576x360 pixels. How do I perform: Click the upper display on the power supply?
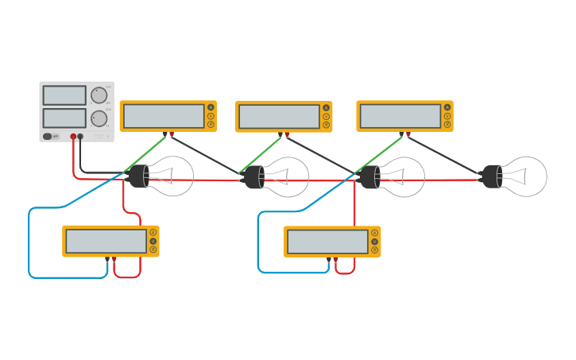[64, 95]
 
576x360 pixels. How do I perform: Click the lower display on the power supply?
[64, 118]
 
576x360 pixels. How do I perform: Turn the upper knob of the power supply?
[99, 95]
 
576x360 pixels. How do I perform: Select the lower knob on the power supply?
[99, 119]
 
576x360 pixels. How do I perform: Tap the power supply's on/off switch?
[48, 137]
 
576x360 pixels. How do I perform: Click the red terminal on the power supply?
[73, 137]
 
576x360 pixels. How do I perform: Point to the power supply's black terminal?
[80, 137]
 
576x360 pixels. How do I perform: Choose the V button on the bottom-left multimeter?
[153, 241]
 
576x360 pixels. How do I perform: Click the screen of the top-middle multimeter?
[279, 117]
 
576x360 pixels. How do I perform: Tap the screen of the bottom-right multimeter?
[327, 242]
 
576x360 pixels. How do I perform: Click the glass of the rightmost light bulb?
[527, 176]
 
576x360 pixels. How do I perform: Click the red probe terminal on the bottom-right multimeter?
[336, 259]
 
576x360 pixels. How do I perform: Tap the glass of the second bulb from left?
[288, 176]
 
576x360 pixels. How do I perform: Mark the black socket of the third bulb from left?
[370, 176]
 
